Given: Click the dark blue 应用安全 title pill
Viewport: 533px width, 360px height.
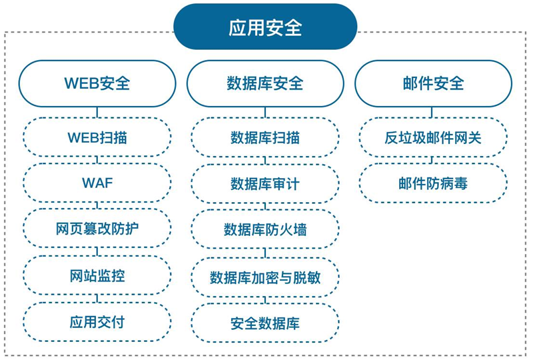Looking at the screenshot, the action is (265, 27).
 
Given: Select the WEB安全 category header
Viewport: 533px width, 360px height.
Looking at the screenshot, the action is (97, 83).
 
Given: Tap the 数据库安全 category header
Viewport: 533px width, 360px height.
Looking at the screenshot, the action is (265, 83).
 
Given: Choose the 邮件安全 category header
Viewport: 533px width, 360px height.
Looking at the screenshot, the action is (433, 83).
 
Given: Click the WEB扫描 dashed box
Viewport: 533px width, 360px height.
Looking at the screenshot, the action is (97, 137).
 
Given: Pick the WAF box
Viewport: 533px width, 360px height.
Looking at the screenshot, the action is (97, 183).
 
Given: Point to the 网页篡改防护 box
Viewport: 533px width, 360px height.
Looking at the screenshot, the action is (97, 228).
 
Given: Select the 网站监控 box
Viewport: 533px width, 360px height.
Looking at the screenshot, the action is (97, 275).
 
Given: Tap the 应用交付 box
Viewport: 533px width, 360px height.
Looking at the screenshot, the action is (97, 322).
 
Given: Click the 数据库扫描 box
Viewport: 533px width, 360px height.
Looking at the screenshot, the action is (265, 137).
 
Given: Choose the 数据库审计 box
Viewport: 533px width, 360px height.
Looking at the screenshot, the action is (265, 184).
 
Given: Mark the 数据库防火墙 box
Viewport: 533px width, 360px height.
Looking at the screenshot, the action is (265, 229).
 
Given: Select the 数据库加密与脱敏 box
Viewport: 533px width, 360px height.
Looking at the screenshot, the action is (265, 277).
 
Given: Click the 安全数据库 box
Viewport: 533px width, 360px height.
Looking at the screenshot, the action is (265, 323).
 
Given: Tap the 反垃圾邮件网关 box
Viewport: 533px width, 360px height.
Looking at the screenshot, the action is (433, 137).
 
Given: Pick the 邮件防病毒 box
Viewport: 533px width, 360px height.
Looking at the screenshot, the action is (433, 183).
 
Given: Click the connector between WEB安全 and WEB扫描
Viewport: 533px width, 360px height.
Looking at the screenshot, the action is (97, 112).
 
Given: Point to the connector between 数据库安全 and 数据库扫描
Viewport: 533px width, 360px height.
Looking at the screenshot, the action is (265, 112).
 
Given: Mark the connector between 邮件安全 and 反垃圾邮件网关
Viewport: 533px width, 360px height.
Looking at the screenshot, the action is (432, 112).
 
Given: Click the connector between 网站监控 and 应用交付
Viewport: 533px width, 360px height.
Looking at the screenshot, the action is (97, 299).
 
